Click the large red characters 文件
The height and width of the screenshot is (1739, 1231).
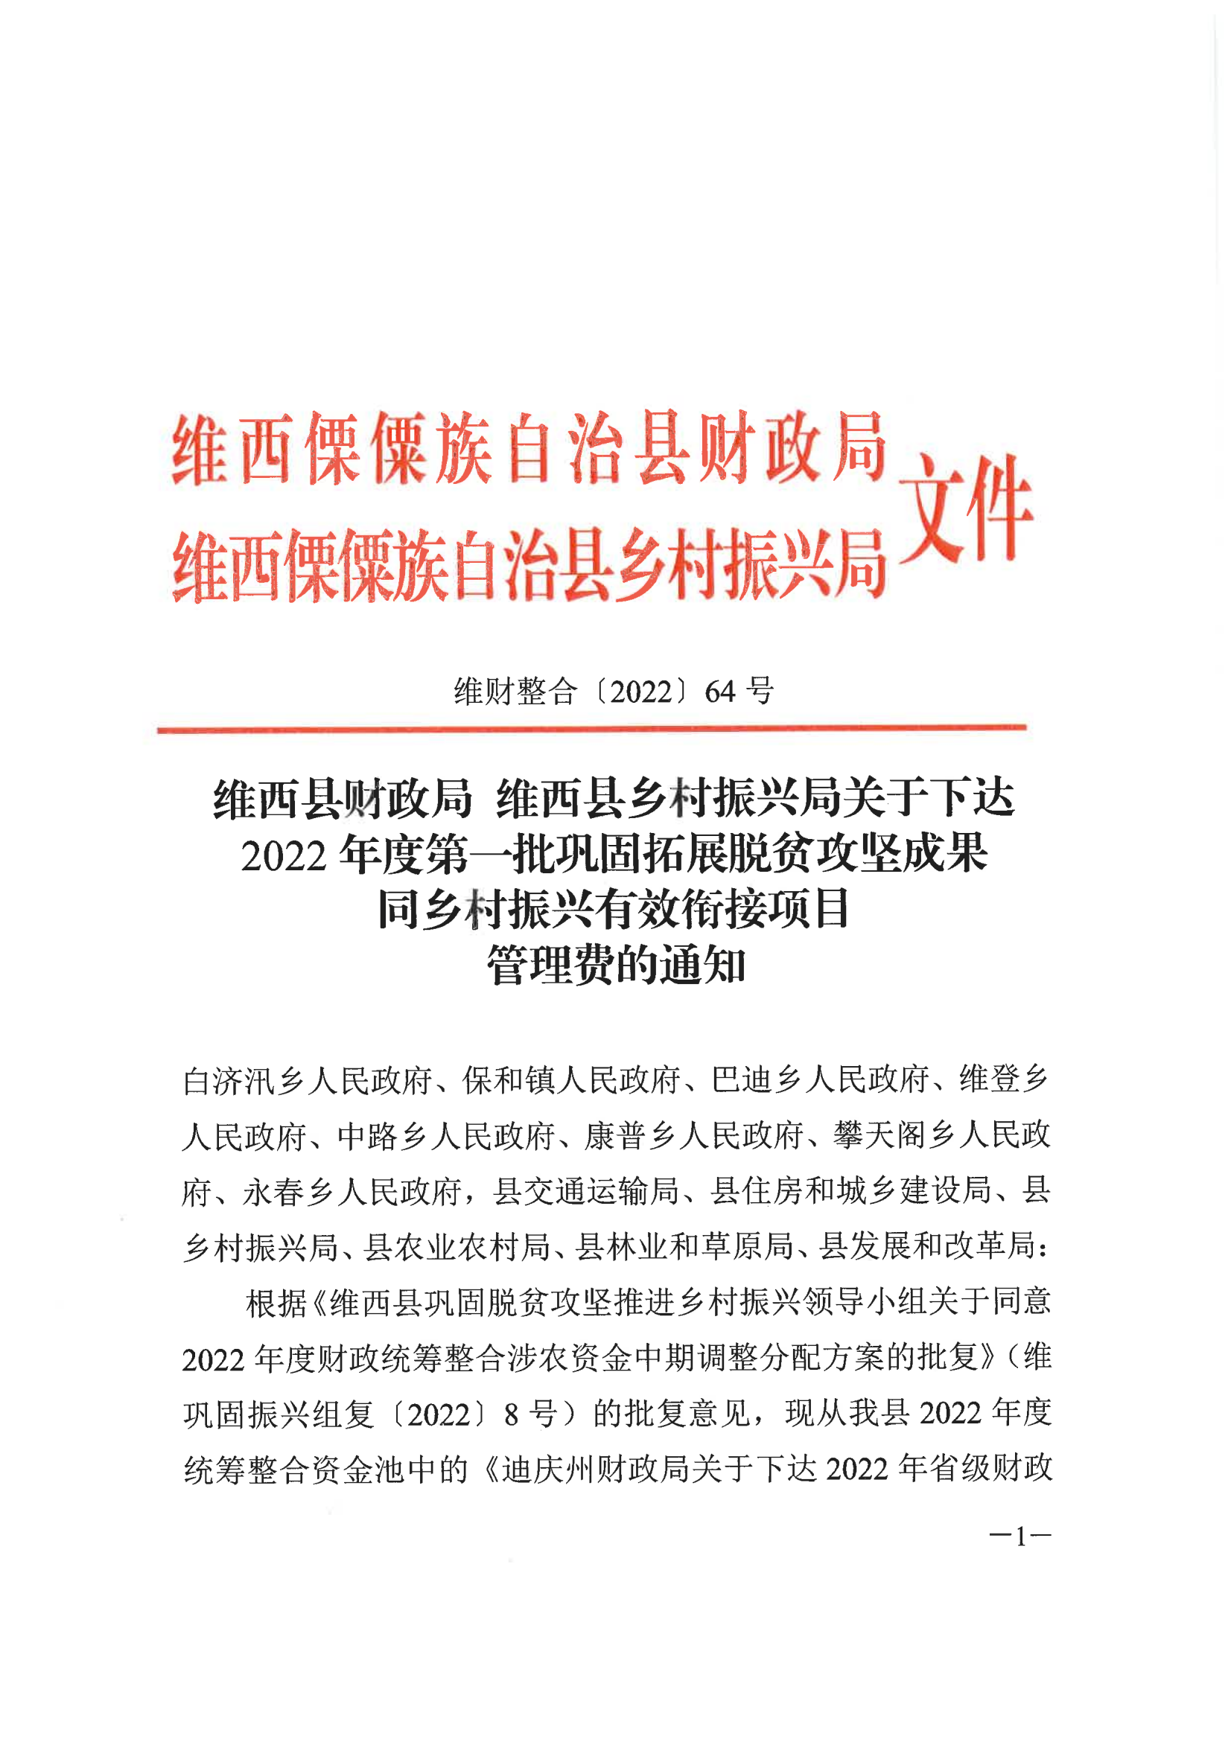(966, 509)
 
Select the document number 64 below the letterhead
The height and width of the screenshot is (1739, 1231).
(720, 692)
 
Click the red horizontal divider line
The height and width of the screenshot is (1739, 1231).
(591, 729)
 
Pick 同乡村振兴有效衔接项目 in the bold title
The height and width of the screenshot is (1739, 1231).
(614, 910)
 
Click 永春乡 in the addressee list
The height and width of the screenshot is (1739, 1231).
(289, 1193)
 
